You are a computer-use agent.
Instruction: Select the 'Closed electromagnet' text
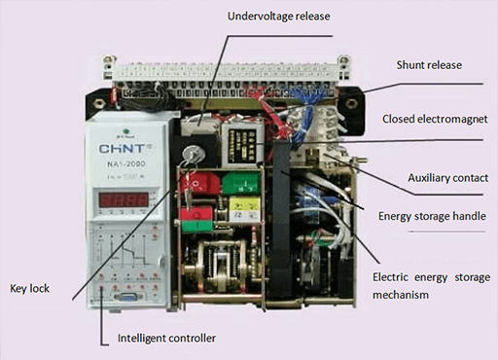(433, 119)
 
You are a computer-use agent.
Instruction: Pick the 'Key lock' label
(30, 289)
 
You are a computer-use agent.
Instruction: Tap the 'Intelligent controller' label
(165, 338)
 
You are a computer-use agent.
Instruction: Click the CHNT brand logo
(121, 150)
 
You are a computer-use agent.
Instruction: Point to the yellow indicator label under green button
(243, 207)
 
